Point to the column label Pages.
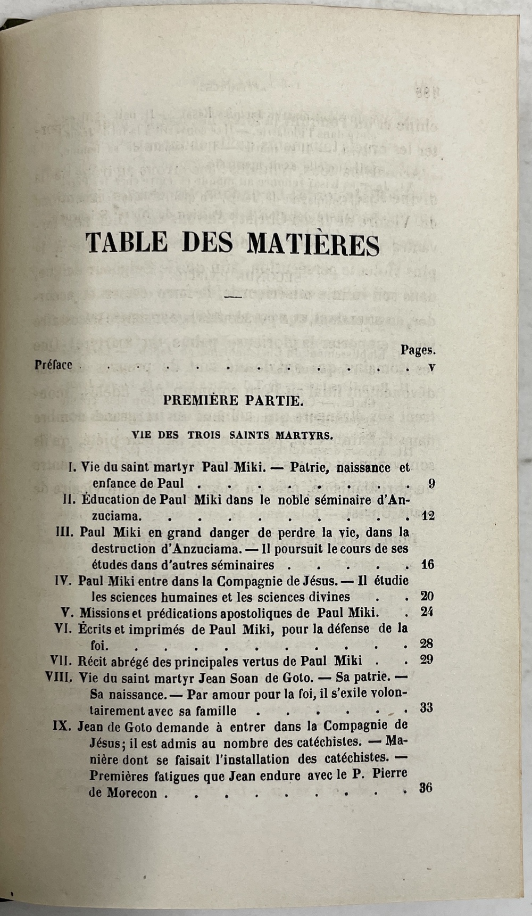(418, 350)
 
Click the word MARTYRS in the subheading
(304, 435)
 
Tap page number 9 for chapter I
(431, 484)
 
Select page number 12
(428, 515)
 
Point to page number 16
(428, 564)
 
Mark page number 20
(427, 596)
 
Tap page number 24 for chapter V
(427, 612)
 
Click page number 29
(427, 659)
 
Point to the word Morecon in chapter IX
(132, 793)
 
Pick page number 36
(426, 788)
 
